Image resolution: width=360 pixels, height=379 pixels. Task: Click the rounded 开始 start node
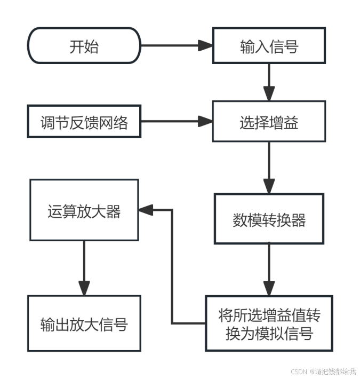tap(84, 46)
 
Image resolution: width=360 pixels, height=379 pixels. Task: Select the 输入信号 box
tap(269, 46)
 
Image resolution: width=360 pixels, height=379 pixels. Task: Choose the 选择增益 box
tap(269, 122)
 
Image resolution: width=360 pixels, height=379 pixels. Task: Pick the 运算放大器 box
tap(84, 210)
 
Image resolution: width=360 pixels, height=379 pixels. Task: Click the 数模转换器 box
tap(269, 219)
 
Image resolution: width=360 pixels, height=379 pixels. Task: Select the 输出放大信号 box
tap(84, 323)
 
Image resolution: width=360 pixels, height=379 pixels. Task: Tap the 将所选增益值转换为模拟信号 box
tap(269, 323)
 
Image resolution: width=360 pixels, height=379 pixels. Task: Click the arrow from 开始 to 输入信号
tap(176, 46)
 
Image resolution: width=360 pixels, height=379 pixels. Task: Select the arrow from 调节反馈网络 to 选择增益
tap(176, 122)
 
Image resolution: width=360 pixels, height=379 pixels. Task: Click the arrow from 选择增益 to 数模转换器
tap(269, 167)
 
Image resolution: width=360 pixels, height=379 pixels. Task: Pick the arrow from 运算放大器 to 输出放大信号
tap(84, 267)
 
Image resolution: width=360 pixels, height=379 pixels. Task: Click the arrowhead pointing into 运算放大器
tap(146, 210)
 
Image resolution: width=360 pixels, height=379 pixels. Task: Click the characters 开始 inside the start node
tap(84, 46)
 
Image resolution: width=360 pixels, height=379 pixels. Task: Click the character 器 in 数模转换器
tap(299, 219)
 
